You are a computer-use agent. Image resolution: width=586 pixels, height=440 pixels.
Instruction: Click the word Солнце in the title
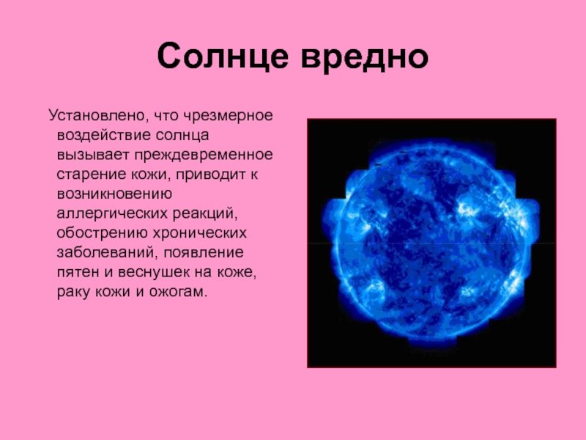[223, 56]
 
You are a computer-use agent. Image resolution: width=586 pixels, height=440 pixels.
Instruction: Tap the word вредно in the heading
[364, 58]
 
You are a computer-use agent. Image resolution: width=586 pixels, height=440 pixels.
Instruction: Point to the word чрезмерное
[228, 116]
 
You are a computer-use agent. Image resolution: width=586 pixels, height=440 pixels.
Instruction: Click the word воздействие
[103, 135]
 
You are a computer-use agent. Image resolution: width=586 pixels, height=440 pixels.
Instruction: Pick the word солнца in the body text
[182, 136]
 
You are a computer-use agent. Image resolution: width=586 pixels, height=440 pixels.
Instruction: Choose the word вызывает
[93, 155]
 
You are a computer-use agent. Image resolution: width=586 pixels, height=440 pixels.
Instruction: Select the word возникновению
[114, 194]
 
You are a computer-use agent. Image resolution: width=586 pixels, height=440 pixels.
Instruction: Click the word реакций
[205, 214]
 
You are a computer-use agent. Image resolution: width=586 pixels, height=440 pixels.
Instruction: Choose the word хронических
[199, 233]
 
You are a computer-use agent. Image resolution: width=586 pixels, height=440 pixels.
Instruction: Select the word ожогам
[178, 292]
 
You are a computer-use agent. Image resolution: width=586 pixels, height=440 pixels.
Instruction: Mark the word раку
[73, 293]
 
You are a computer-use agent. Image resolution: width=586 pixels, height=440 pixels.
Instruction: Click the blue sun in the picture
[431, 243]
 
